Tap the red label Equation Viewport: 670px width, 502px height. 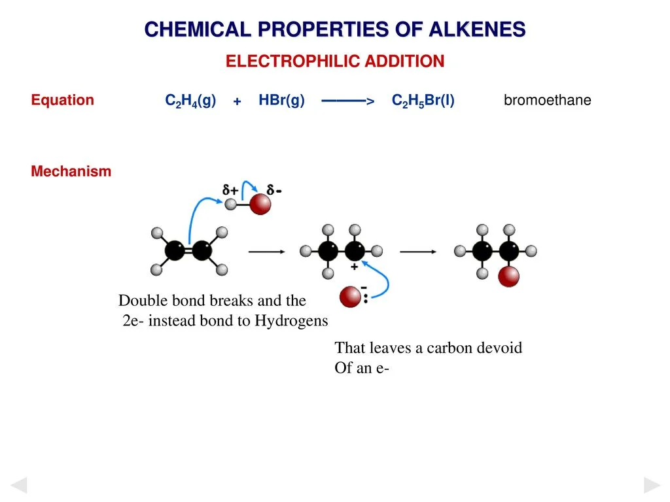click(63, 100)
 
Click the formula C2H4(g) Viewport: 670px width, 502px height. click(190, 101)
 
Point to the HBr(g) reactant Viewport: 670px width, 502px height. click(281, 100)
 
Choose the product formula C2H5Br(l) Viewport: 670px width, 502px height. click(423, 101)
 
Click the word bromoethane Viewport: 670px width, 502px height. click(547, 101)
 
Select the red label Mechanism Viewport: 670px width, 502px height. click(71, 171)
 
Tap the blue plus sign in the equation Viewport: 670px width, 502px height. click(237, 101)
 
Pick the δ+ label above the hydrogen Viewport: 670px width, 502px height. click(230, 190)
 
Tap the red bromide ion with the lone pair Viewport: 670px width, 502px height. click(350, 298)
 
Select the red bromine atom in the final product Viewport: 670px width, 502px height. click(508, 276)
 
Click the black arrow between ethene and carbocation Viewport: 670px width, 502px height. click(267, 251)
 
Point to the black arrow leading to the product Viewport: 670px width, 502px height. click(418, 251)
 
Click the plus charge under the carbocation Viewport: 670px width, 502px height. click(355, 267)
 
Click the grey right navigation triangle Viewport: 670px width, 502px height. click(652, 485)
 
